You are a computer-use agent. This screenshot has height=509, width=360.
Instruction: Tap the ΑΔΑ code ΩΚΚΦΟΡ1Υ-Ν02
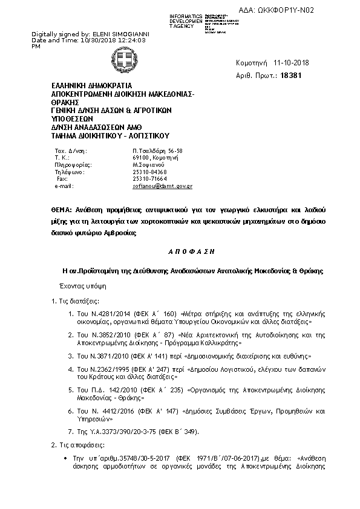click(x=308, y=10)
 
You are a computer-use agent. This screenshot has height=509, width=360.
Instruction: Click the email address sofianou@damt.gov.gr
click(x=162, y=187)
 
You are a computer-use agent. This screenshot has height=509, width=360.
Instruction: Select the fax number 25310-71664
click(x=149, y=180)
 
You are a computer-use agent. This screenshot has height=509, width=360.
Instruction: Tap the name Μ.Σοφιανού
click(x=147, y=164)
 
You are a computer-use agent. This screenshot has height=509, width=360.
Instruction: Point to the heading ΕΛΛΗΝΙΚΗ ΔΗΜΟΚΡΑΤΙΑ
click(x=91, y=86)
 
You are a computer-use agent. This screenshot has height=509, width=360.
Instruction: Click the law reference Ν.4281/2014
click(x=102, y=314)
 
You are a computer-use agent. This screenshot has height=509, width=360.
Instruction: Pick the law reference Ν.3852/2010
click(x=102, y=334)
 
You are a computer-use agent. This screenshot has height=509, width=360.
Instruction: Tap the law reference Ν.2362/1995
click(x=102, y=369)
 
